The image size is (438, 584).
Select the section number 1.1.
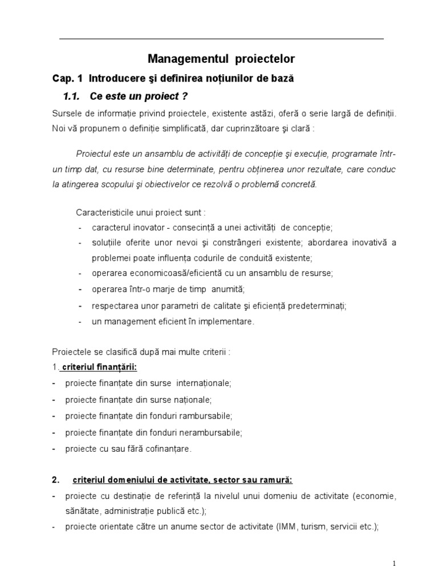point(72,95)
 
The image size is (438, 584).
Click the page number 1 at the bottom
point(394,563)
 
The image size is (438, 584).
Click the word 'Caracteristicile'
point(105,212)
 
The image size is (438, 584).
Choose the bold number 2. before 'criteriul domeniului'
point(55,479)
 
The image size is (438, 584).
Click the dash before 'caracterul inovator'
point(80,228)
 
